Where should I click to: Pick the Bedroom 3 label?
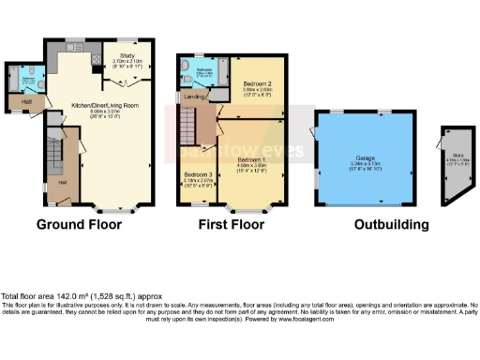[197, 175]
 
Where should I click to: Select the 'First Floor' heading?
[231, 225]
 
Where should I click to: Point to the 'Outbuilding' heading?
[391, 225]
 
